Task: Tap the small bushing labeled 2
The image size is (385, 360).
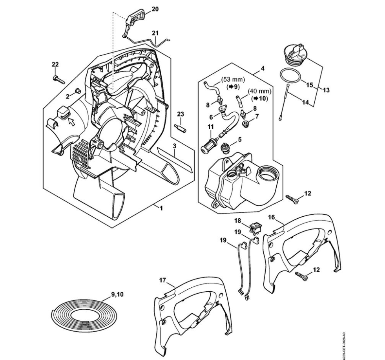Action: (x=77, y=91)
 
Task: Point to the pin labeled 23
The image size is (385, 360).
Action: (x=181, y=129)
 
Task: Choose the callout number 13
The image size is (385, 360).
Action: (x=326, y=90)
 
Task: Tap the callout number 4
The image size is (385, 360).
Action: (x=262, y=68)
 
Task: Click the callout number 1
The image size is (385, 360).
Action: (x=161, y=207)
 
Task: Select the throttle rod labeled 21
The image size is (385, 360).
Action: (x=155, y=41)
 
